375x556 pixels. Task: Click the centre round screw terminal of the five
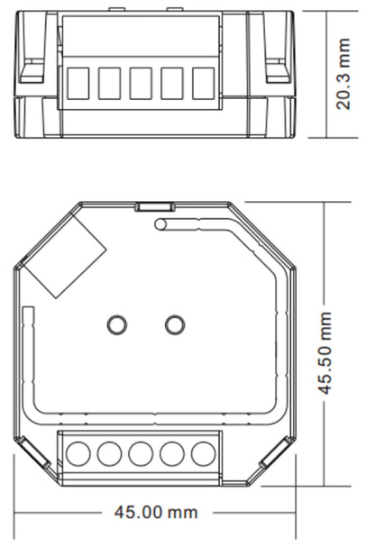click(x=140, y=453)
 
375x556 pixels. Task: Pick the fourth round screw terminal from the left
click(x=170, y=453)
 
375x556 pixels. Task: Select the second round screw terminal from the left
click(x=109, y=453)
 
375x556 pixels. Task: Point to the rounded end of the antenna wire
click(x=160, y=224)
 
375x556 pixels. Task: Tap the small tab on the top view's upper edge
click(x=146, y=206)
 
